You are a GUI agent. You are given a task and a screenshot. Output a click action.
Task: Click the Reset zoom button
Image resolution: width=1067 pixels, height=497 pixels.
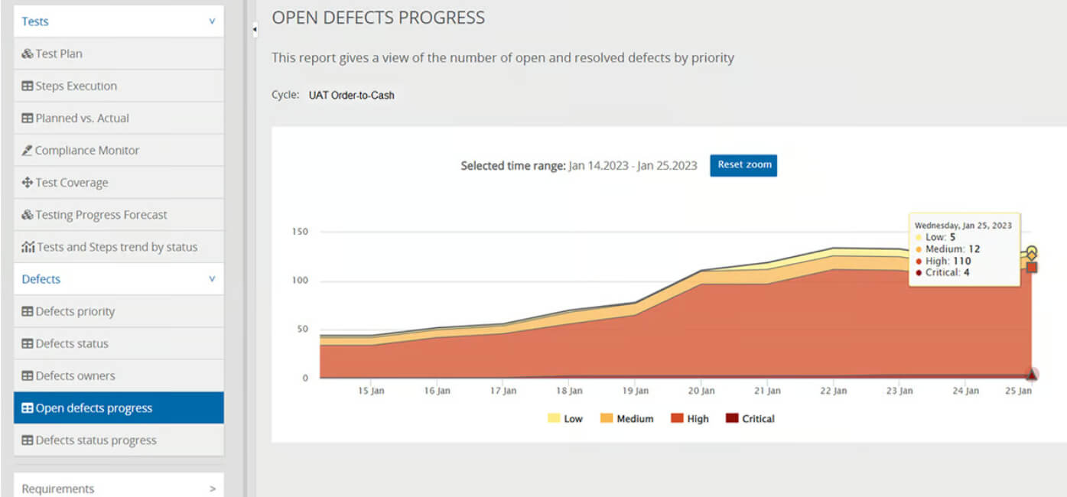(743, 165)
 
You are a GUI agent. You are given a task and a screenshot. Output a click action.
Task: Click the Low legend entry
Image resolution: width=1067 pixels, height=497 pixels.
(565, 418)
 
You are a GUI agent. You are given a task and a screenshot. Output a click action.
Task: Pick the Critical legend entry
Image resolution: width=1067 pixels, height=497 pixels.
(750, 418)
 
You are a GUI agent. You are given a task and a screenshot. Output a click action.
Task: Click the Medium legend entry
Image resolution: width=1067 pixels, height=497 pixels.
(627, 418)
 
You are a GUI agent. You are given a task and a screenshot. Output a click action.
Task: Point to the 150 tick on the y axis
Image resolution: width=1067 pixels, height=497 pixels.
(300, 232)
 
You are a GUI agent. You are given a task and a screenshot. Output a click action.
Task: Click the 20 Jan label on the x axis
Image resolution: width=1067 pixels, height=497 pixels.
(701, 391)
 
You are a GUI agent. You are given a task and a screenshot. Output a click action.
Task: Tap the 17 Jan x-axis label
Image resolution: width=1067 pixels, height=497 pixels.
(503, 391)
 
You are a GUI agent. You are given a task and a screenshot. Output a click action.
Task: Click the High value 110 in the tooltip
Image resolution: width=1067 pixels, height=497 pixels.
(961, 261)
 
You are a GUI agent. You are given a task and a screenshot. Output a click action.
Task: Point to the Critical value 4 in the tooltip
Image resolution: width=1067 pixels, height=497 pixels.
(967, 272)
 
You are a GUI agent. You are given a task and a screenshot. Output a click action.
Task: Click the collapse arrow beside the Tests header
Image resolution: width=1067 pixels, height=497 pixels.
(212, 21)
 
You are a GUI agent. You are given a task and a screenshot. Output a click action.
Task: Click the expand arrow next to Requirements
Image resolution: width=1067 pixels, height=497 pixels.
(213, 489)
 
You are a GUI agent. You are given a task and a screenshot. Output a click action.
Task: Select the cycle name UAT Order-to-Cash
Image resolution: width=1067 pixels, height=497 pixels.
(352, 96)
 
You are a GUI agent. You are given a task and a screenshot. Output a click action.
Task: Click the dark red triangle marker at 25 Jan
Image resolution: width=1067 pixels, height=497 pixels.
(1032, 375)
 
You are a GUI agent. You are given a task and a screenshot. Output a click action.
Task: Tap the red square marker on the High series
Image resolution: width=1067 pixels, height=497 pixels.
(1032, 268)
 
